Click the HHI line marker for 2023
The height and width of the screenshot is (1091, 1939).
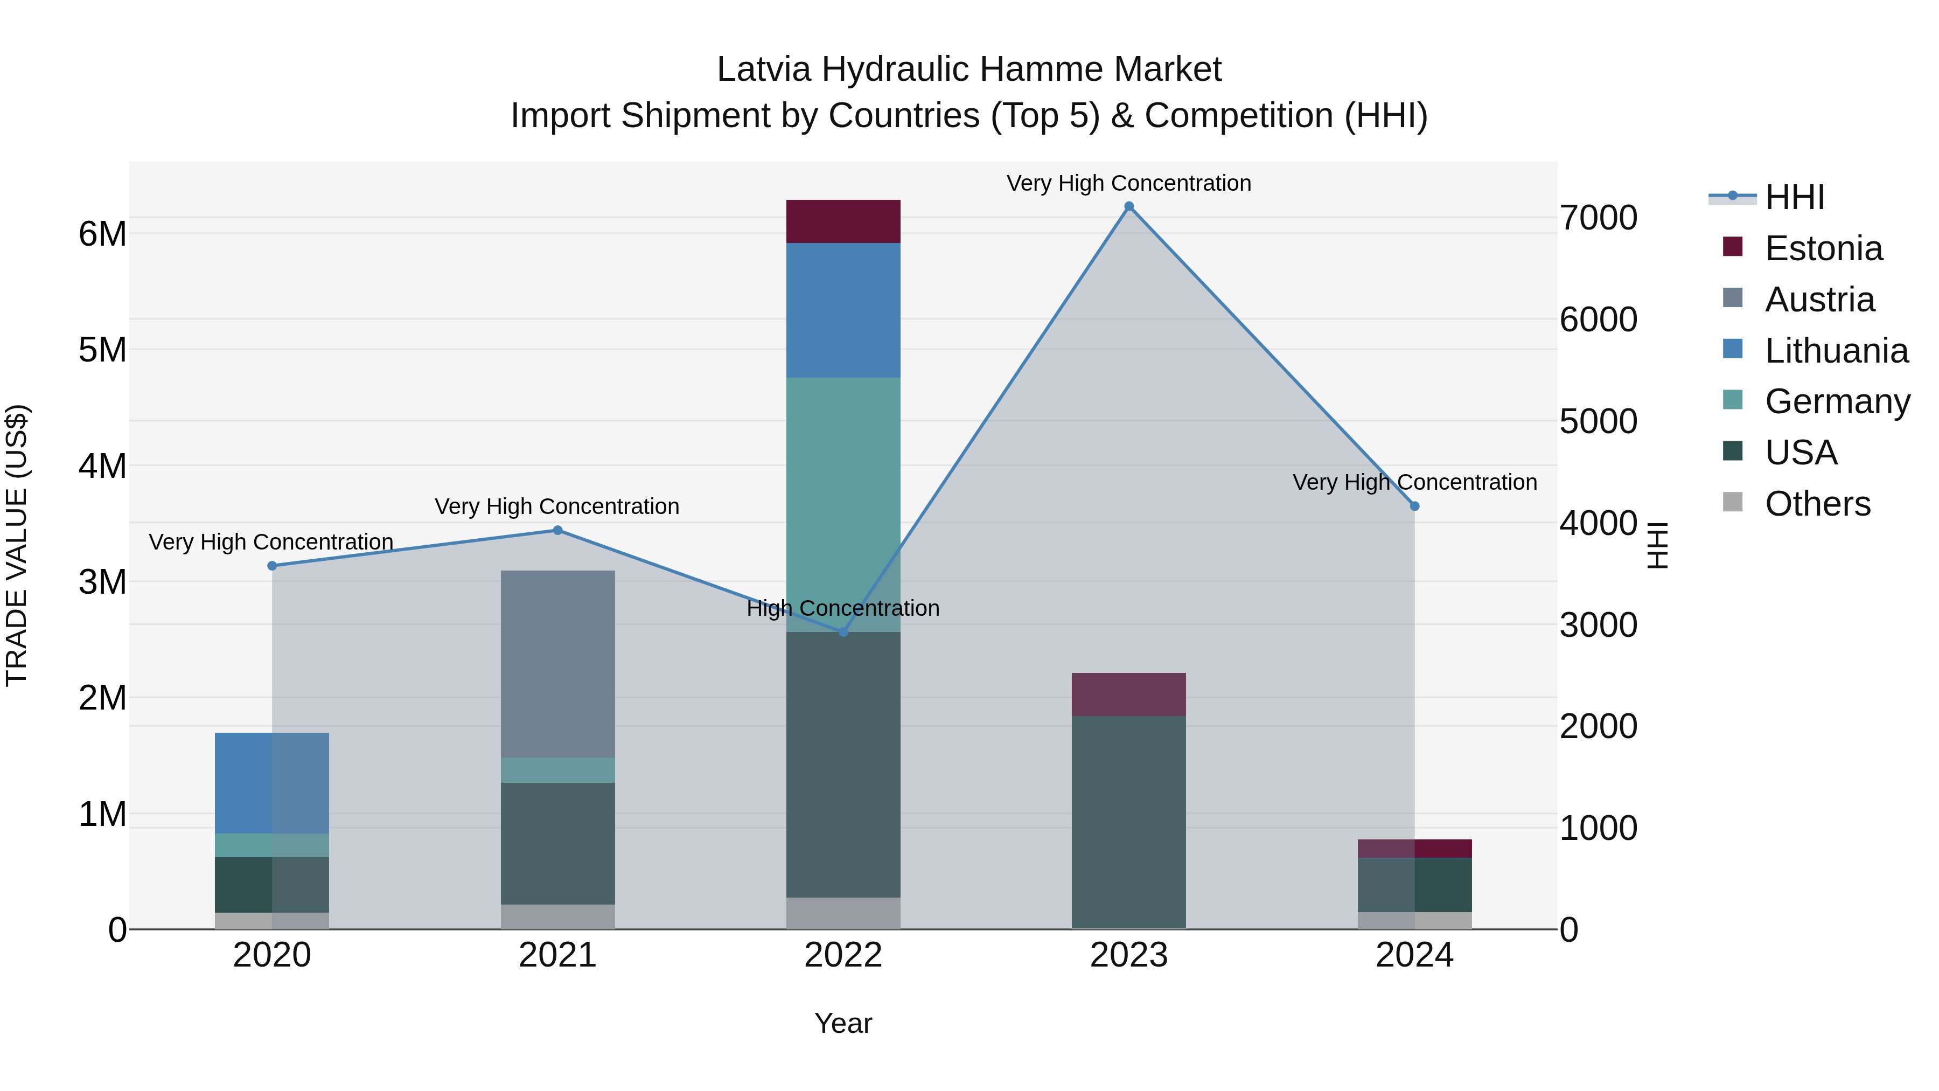click(1128, 206)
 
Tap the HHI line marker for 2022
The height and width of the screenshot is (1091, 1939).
click(843, 632)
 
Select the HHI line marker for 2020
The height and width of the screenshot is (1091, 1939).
click(273, 566)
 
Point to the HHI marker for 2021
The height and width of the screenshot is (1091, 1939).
click(558, 530)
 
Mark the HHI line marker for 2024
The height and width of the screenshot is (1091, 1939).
click(1414, 506)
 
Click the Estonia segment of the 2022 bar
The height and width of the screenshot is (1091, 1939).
click(843, 221)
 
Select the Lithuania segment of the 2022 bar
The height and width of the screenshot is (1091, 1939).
click(843, 310)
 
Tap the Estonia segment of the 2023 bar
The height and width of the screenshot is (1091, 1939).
click(1128, 694)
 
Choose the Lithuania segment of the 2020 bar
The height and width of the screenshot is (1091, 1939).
click(273, 782)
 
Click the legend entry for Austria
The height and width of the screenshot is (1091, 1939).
click(1819, 300)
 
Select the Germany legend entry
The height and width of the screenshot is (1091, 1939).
click(1837, 401)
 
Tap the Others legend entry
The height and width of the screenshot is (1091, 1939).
click(1817, 504)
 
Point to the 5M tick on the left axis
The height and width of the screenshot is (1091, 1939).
click(102, 349)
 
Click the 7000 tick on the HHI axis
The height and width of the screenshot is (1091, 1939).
click(1598, 218)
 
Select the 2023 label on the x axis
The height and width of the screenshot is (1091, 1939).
click(1128, 955)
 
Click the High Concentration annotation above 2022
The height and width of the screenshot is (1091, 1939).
click(843, 608)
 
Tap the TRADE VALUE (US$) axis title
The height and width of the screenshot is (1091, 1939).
click(17, 545)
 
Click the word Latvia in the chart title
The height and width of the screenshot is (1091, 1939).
click(763, 70)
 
